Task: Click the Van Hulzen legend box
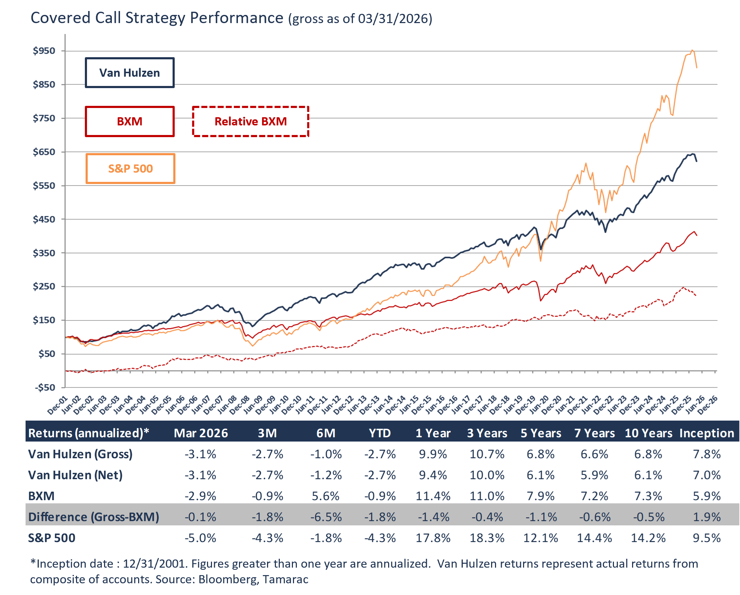pyautogui.click(x=130, y=73)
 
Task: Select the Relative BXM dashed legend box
pyautogui.click(x=250, y=121)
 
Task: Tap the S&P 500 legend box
pyautogui.click(x=130, y=168)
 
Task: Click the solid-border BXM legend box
pyautogui.click(x=130, y=121)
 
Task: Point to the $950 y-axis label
pyautogui.click(x=44, y=51)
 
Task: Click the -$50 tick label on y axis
pyautogui.click(x=45, y=387)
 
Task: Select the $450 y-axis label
pyautogui.click(x=44, y=219)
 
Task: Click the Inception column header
pyautogui.click(x=707, y=433)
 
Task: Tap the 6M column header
pyautogui.click(x=326, y=433)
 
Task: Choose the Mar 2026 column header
pyautogui.click(x=201, y=433)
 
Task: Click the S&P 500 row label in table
pyautogui.click(x=52, y=538)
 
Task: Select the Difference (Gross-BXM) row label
pyautogui.click(x=94, y=517)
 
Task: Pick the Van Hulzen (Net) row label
pyautogui.click(x=75, y=475)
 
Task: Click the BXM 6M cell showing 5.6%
pyautogui.click(x=326, y=496)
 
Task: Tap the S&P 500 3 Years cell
pyautogui.click(x=487, y=538)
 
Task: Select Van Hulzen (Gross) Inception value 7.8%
pyautogui.click(x=707, y=454)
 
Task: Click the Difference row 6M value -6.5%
pyautogui.click(x=326, y=517)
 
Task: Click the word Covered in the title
pyautogui.click(x=60, y=18)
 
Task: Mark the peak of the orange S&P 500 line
pyautogui.click(x=692, y=50)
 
